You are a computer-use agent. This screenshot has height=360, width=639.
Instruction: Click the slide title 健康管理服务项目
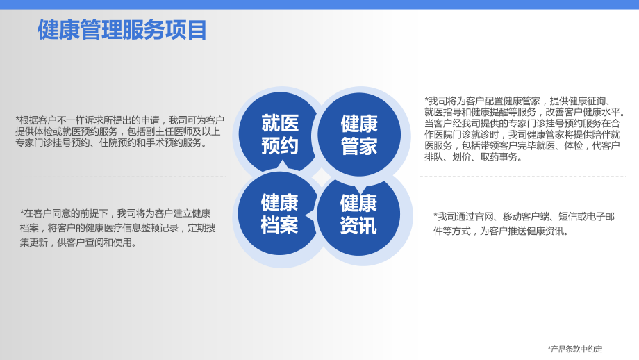(x=122, y=30)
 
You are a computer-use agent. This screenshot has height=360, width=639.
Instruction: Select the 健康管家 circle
(x=359, y=134)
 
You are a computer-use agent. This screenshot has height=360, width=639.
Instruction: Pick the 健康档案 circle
(x=279, y=213)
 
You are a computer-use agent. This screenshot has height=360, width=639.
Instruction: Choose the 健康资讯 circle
(x=358, y=214)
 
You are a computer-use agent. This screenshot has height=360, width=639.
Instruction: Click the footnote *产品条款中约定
(x=574, y=349)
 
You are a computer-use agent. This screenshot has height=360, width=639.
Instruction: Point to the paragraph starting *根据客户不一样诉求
(x=119, y=131)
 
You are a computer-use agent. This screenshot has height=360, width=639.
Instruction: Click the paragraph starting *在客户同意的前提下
(x=118, y=228)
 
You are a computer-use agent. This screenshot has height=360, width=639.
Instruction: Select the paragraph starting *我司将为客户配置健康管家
(x=524, y=129)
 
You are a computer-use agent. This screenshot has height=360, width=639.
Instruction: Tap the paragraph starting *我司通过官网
(x=524, y=224)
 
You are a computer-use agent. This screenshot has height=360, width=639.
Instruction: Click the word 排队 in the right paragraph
(x=433, y=157)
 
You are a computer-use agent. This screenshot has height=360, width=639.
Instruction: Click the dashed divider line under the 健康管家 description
(x=523, y=177)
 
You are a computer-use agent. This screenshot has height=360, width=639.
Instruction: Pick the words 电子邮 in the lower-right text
(x=600, y=217)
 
